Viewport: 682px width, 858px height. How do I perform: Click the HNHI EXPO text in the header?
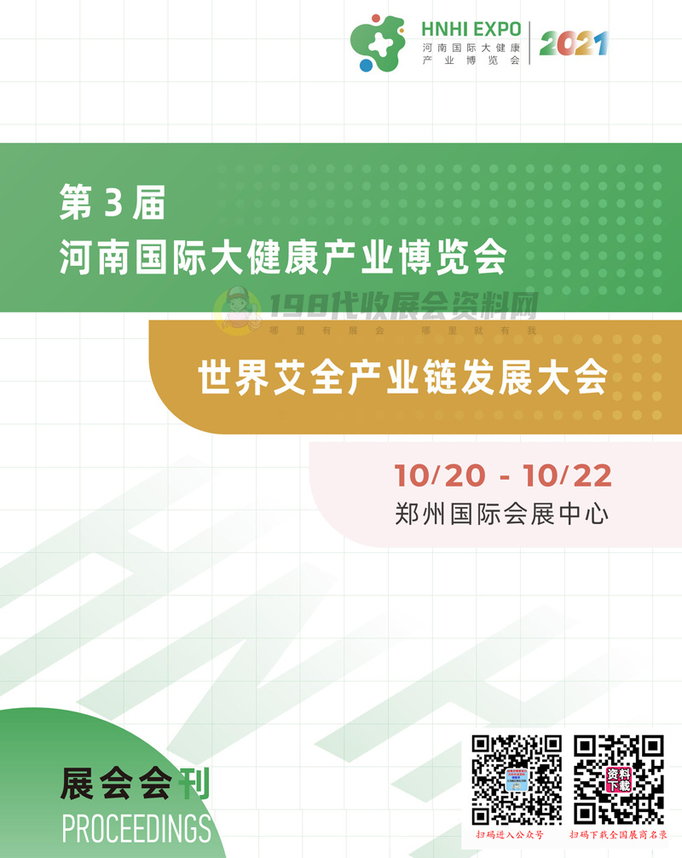(x=471, y=27)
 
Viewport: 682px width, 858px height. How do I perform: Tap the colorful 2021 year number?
(x=574, y=43)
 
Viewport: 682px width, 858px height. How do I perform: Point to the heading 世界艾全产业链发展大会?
(x=402, y=377)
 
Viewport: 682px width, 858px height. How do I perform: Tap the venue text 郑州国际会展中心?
(x=503, y=514)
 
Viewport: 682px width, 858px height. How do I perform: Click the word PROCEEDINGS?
(x=136, y=826)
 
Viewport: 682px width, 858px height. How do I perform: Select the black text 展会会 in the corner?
(x=117, y=784)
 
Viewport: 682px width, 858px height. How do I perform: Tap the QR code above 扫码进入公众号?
(x=517, y=780)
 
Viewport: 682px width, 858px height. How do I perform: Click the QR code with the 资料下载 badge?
(x=618, y=780)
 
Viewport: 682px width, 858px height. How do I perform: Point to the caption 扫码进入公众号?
(x=515, y=835)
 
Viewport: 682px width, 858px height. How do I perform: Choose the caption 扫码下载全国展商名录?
(x=618, y=835)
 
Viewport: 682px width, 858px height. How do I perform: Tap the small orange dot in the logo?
(x=376, y=17)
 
